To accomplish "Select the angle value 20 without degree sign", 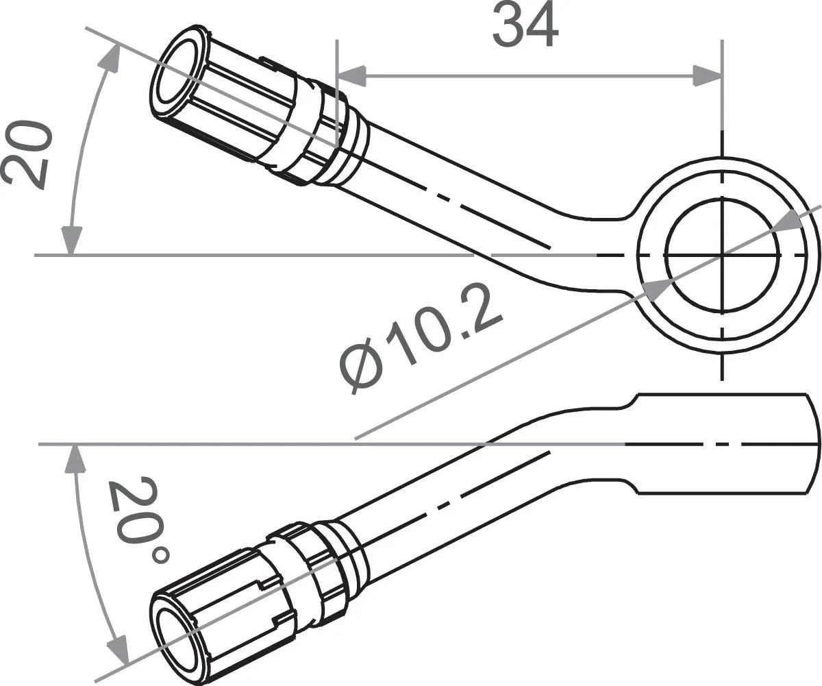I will click(x=27, y=156).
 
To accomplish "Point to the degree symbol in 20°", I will click(x=160, y=554).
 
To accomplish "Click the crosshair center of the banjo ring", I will click(x=722, y=255).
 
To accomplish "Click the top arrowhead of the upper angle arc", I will click(x=110, y=58).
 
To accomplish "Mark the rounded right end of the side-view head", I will click(x=814, y=443).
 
